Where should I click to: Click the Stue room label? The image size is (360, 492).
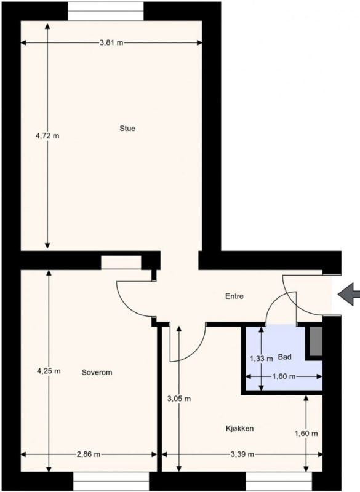[x=127, y=129]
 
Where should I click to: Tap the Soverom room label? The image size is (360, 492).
[x=97, y=373]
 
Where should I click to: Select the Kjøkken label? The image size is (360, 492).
[x=240, y=429]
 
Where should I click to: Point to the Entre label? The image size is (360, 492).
[x=234, y=296]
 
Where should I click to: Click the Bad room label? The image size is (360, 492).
[x=285, y=357]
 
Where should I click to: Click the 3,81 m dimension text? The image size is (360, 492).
[x=111, y=42]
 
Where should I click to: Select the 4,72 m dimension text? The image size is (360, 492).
[x=47, y=136]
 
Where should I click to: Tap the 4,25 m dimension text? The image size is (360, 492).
[x=49, y=371]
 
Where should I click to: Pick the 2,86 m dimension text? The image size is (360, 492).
[x=89, y=454]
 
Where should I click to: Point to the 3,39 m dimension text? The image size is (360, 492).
[x=242, y=454]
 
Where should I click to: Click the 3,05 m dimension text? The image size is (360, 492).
[x=179, y=399]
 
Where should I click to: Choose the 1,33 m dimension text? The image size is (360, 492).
[x=262, y=359]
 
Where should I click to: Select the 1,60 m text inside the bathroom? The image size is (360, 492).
[x=284, y=376]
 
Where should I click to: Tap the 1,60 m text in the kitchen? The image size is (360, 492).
[x=306, y=434]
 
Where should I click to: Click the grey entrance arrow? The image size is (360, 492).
[x=349, y=294]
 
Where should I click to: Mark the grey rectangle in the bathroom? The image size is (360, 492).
[x=316, y=341]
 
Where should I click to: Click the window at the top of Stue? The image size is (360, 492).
[x=106, y=11]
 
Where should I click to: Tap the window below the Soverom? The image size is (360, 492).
[x=111, y=482]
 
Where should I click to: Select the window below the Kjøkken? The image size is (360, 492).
[x=279, y=482]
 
